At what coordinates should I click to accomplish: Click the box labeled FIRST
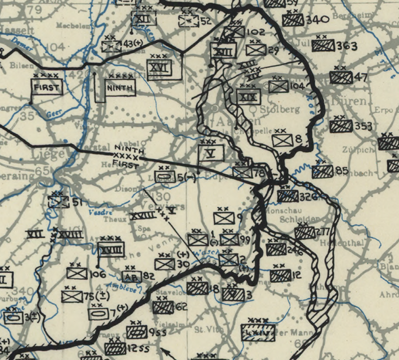tap(46, 88)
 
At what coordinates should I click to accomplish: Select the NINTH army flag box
tap(119, 88)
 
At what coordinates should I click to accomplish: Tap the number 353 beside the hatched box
tap(364, 126)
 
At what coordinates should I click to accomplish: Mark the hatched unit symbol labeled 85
tap(322, 172)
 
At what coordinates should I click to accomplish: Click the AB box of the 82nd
tap(131, 276)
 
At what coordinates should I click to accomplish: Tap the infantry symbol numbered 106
tap(77, 273)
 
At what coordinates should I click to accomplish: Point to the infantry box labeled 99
tap(229, 239)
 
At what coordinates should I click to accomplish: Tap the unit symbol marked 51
tap(58, 202)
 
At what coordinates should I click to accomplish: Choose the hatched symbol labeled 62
tap(163, 307)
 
